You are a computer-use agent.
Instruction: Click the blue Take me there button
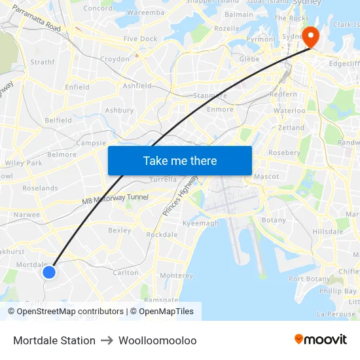click(x=179, y=160)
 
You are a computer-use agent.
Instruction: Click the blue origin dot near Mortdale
click(x=48, y=271)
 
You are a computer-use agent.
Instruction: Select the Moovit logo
click(x=320, y=340)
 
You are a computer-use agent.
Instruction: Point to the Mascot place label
click(x=266, y=177)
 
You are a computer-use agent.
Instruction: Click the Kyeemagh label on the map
click(x=201, y=223)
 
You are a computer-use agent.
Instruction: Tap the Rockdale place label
click(x=162, y=234)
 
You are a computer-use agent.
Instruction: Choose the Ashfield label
click(x=137, y=86)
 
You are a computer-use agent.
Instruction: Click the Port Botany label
click(x=310, y=279)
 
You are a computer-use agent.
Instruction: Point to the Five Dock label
click(x=140, y=39)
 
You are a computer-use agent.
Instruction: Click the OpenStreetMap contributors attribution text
click(x=65, y=312)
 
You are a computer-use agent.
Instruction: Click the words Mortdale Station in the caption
click(x=54, y=340)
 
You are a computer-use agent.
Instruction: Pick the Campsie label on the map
click(x=91, y=143)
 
